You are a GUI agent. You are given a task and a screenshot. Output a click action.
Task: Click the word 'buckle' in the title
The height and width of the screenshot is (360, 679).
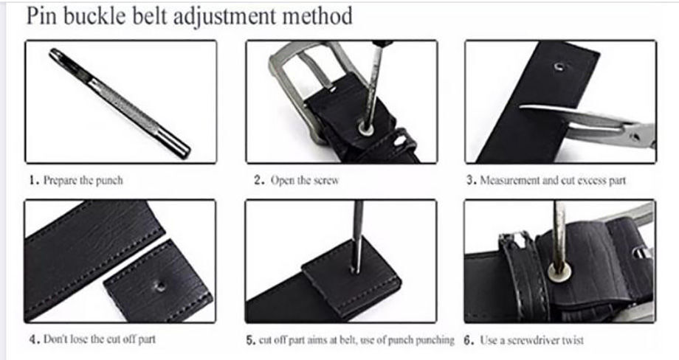[97, 16]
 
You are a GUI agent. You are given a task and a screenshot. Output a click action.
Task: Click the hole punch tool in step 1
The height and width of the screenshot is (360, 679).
[120, 103]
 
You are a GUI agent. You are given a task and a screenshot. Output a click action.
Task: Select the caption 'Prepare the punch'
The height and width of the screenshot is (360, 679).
[83, 180]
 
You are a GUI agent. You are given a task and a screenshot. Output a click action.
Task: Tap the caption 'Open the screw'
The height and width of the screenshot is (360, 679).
[304, 180]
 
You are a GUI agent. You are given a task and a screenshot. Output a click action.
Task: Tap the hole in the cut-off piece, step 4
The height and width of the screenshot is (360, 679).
[160, 285]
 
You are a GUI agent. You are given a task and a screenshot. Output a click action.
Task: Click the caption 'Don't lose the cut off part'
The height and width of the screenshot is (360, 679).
[99, 339]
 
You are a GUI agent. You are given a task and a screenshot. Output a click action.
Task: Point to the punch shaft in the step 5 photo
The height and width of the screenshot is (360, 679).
[357, 237]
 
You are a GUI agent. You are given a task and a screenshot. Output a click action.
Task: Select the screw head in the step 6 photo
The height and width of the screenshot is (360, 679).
[559, 272]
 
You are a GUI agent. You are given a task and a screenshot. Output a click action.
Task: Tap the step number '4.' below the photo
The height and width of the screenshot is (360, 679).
[35, 339]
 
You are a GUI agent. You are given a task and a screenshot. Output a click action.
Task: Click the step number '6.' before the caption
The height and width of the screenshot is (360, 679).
[469, 340]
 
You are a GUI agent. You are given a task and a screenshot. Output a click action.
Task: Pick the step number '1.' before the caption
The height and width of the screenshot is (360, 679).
[35, 180]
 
